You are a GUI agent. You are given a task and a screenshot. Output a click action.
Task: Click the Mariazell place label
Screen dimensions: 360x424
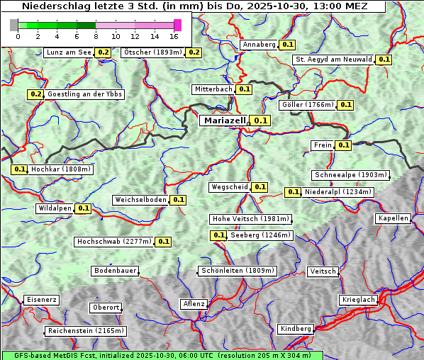click(224, 120)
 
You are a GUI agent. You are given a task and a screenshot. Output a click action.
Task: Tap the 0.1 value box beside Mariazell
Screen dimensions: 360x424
click(261, 120)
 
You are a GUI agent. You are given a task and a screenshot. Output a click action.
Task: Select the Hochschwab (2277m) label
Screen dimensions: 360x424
click(113, 242)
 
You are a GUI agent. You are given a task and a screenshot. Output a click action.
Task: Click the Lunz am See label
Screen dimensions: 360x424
click(68, 52)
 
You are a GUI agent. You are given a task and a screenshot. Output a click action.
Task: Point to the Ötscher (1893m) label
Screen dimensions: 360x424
click(152, 52)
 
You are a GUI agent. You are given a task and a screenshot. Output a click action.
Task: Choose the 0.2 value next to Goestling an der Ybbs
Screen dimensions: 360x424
click(35, 94)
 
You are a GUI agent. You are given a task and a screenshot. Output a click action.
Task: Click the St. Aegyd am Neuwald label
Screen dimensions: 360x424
click(333, 60)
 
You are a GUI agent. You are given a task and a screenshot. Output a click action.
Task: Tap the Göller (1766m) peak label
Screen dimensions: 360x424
click(307, 105)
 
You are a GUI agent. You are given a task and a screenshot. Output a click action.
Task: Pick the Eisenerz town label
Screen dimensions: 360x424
click(41, 300)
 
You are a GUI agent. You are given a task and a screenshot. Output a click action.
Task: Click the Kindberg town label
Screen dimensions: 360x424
click(296, 329)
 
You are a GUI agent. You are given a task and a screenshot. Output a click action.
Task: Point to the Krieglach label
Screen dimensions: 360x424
click(357, 300)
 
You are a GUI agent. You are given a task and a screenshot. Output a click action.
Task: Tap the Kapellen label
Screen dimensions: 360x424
click(393, 218)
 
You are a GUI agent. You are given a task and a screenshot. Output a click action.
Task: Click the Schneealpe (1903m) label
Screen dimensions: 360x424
click(350, 175)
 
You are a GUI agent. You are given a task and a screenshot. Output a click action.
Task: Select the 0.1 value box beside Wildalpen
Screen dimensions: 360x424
click(84, 208)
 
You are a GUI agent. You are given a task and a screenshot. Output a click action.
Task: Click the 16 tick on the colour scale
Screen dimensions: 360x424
click(174, 36)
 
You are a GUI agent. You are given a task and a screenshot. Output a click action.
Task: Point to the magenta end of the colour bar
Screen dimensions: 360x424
click(177, 25)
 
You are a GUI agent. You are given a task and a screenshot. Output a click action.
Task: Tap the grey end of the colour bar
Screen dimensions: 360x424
click(14, 25)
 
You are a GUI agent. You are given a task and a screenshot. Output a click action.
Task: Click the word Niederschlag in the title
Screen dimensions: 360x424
click(55, 6)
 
